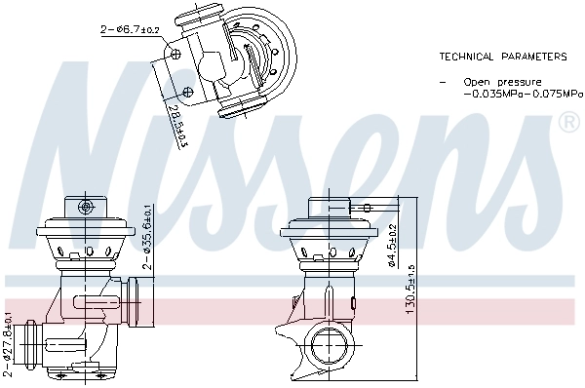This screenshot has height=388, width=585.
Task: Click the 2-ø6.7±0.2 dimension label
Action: [132, 31]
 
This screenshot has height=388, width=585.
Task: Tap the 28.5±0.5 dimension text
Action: [177, 127]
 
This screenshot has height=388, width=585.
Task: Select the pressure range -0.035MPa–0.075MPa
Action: [523, 95]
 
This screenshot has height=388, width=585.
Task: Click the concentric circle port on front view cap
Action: [87, 206]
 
